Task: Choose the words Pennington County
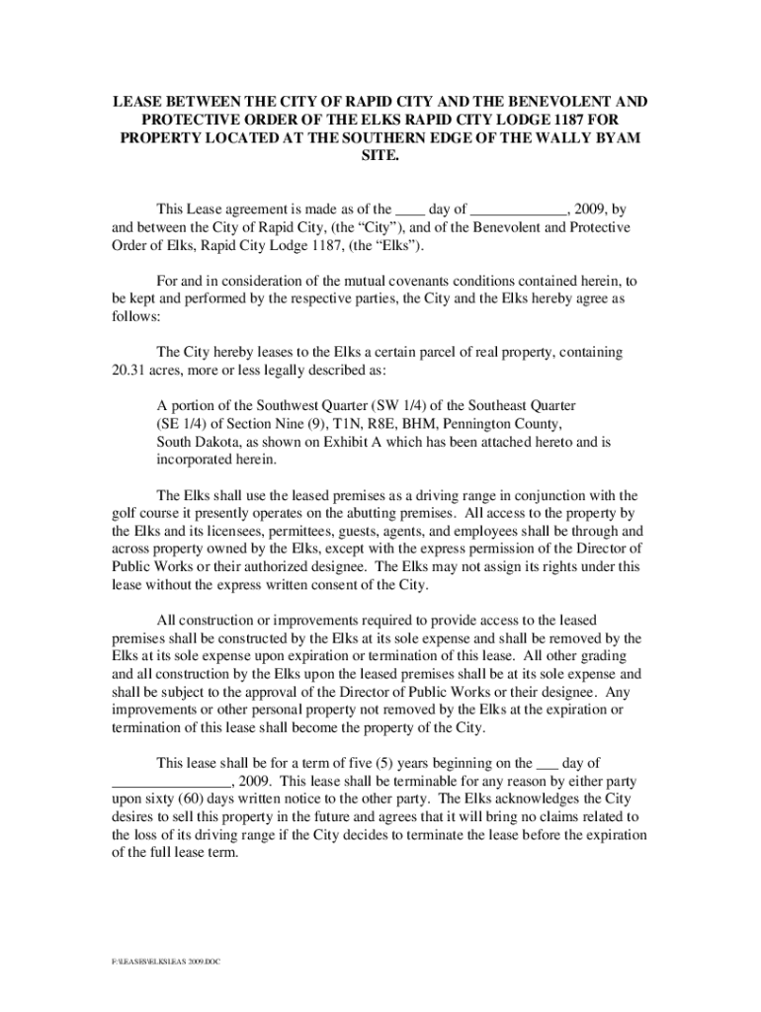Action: [506, 424]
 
